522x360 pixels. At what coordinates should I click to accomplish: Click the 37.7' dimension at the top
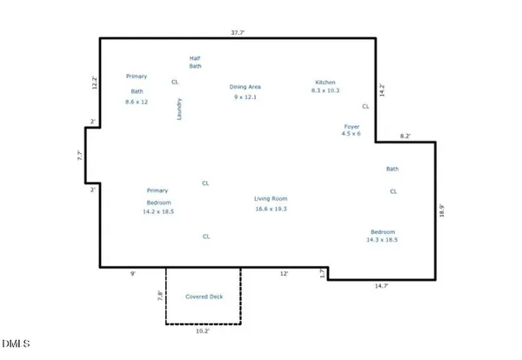[237, 33]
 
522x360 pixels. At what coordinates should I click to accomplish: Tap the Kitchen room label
[325, 83]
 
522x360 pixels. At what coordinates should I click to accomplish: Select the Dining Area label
[245, 87]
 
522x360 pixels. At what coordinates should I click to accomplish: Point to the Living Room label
[271, 199]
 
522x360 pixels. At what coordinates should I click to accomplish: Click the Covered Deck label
[204, 297]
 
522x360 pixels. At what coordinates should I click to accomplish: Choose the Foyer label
[351, 127]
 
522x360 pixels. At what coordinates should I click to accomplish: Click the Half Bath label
[196, 62]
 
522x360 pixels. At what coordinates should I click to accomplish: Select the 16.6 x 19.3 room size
[271, 209]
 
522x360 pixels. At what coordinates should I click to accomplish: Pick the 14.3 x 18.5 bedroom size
[382, 240]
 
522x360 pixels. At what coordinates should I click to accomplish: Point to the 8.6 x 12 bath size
[137, 102]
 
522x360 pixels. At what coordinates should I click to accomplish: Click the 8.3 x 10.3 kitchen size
[325, 90]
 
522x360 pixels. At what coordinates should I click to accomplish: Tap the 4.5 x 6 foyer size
[351, 135]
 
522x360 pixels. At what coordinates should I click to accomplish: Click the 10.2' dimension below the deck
[203, 330]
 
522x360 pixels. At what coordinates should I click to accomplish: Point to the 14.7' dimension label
[381, 285]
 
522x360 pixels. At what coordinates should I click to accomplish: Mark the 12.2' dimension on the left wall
[96, 83]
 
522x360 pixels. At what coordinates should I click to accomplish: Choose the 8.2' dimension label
[405, 137]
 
